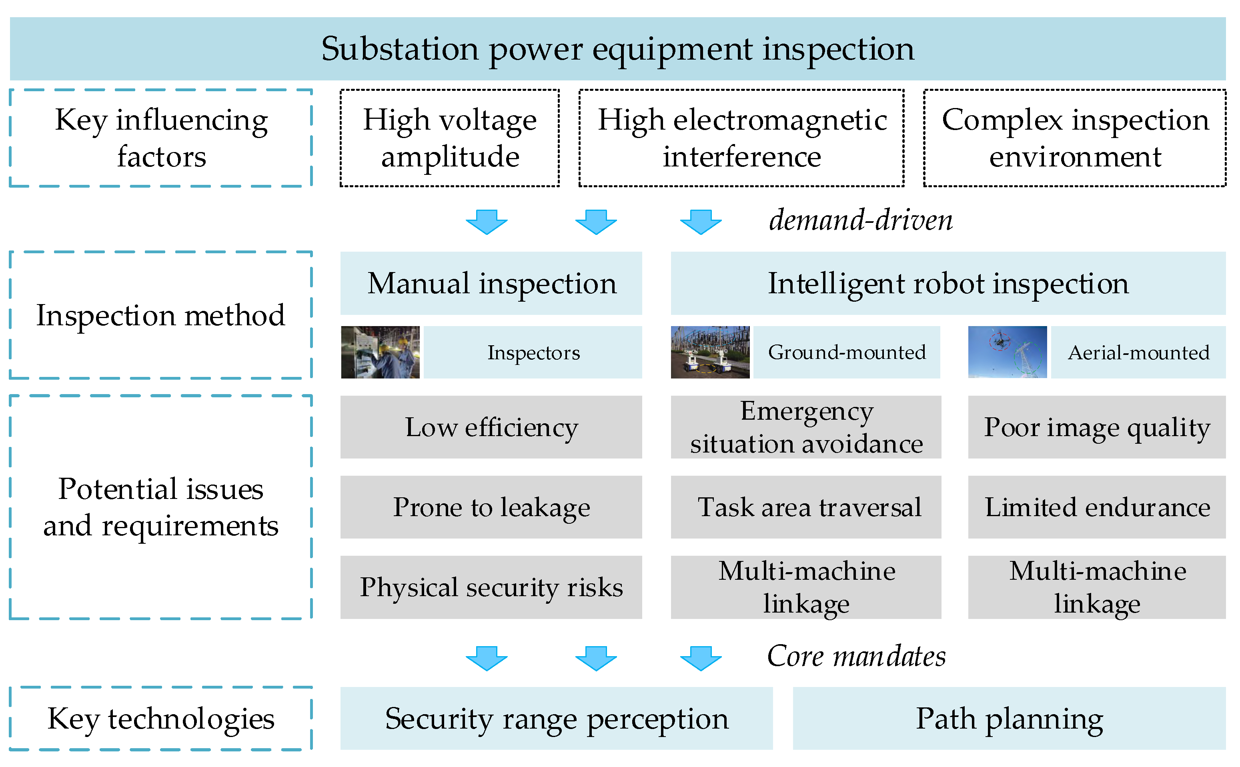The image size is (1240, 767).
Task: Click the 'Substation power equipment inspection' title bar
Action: [x=618, y=49]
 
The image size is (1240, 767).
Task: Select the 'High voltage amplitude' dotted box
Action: [x=449, y=138]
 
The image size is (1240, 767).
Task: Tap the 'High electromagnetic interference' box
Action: [x=741, y=138]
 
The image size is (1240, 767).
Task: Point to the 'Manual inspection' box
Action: [x=491, y=283]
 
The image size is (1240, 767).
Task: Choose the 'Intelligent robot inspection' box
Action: [x=948, y=283]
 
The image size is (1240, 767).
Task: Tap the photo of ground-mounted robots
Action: [x=709, y=352]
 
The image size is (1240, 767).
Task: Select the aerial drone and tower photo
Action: [x=1007, y=352]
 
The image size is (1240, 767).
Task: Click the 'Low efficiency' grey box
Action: [x=491, y=427]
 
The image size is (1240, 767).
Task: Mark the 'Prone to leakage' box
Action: [x=491, y=507]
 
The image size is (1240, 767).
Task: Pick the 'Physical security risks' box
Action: [x=491, y=587]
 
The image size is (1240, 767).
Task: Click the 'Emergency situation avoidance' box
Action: [x=805, y=427]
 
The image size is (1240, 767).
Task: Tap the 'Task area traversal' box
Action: [x=805, y=507]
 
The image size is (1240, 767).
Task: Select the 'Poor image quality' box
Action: [x=1096, y=427]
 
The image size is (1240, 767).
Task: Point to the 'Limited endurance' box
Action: [x=1096, y=507]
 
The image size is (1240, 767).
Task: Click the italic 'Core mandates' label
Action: [x=856, y=657]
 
